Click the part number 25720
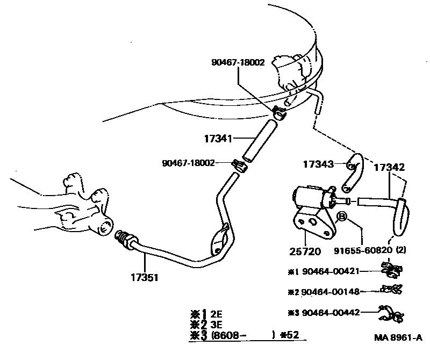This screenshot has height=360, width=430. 304,251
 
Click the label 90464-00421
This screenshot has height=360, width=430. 329,272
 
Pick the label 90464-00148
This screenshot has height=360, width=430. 329,292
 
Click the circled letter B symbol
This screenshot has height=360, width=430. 342,217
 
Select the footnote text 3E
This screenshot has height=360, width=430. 217,324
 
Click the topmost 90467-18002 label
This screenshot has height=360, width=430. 238,62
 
